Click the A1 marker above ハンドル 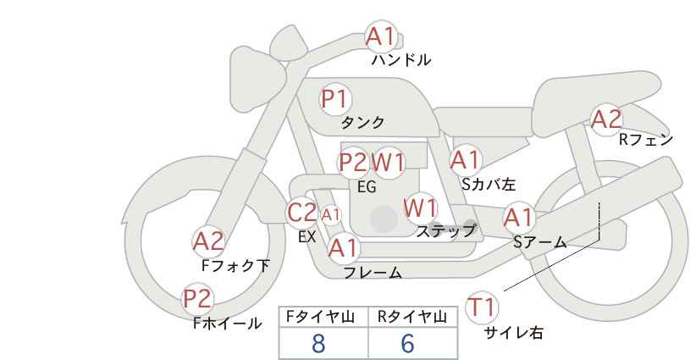pyautogui.click(x=380, y=36)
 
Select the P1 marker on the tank pyautogui.click(x=335, y=99)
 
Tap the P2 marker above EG pyautogui.click(x=352, y=162)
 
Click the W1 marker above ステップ pyautogui.click(x=420, y=208)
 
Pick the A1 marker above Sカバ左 pyautogui.click(x=465, y=159)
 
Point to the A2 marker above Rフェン pyautogui.click(x=605, y=119)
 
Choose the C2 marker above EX pyautogui.click(x=302, y=213)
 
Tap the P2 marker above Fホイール pyautogui.click(x=198, y=298)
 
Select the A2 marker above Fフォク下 pyautogui.click(x=208, y=241)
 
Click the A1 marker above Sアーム pyautogui.click(x=518, y=218)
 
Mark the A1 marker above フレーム pyautogui.click(x=343, y=248)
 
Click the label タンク pyautogui.click(x=362, y=122)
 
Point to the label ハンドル pyautogui.click(x=401, y=60)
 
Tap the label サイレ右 pyautogui.click(x=513, y=333)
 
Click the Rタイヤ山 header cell pyautogui.click(x=413, y=317)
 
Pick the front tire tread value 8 pyautogui.click(x=318, y=343)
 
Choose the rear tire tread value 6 pyautogui.click(x=408, y=343)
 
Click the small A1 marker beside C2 pyautogui.click(x=330, y=215)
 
